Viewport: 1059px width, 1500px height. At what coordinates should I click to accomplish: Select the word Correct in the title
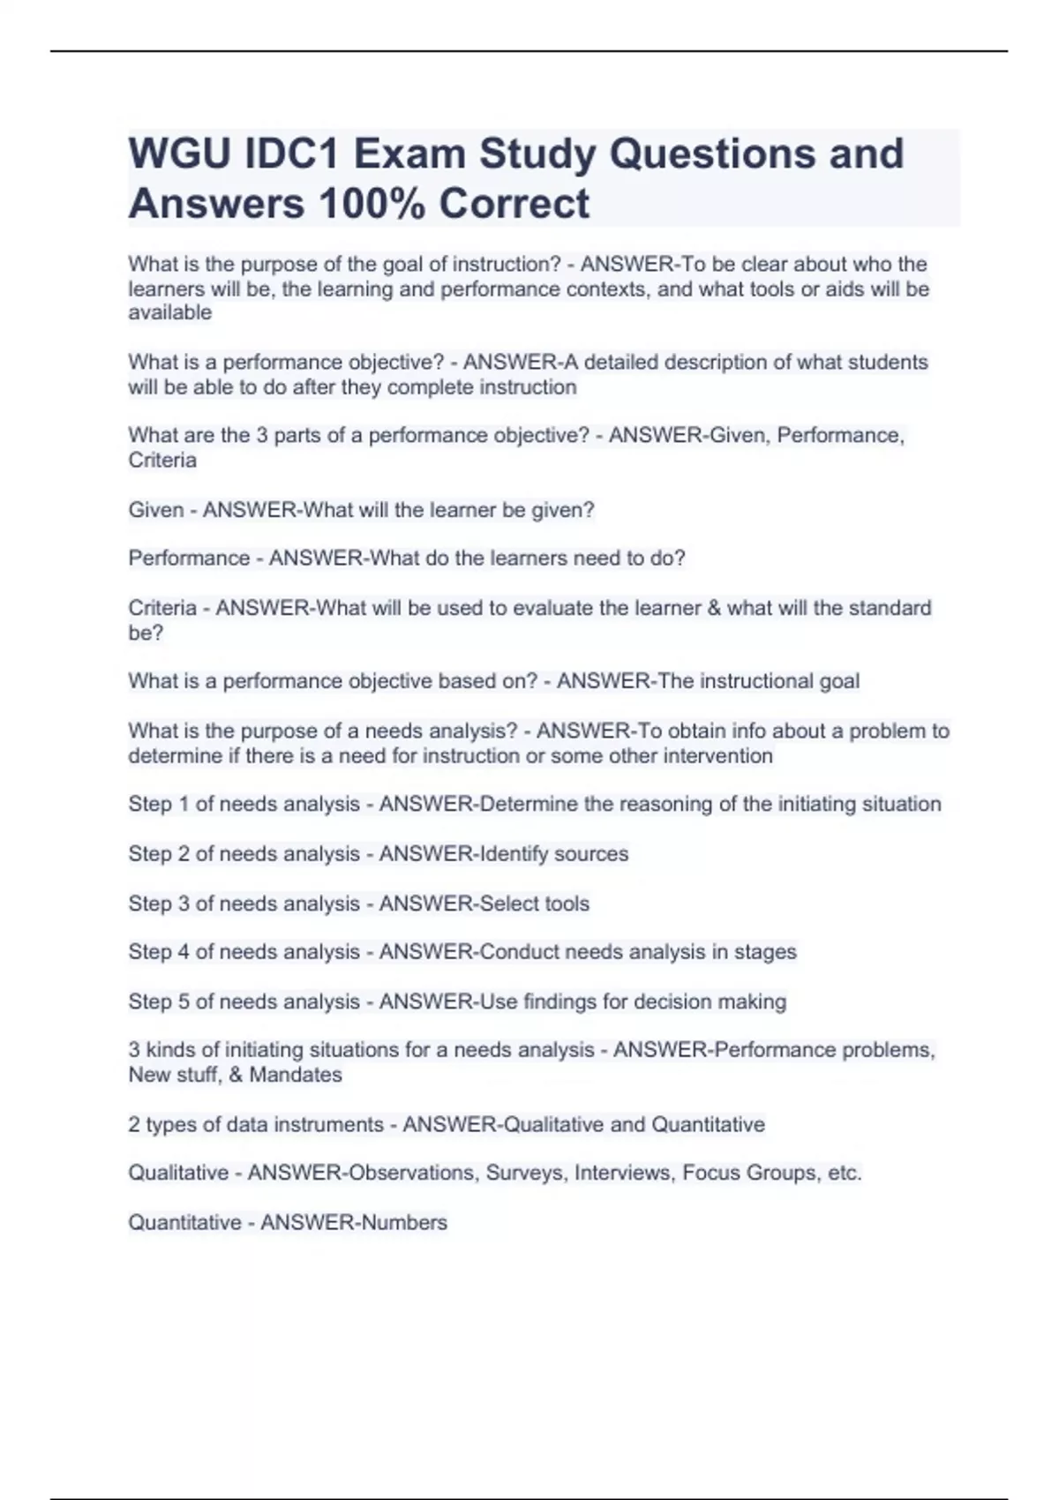(514, 204)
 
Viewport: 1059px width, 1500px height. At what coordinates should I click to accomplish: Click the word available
(169, 312)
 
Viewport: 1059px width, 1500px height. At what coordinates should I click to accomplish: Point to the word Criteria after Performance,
(162, 460)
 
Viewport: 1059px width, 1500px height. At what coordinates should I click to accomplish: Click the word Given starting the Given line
(156, 510)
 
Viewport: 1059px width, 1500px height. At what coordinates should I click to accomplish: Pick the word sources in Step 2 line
(592, 854)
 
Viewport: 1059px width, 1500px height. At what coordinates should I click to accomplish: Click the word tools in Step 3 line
(567, 904)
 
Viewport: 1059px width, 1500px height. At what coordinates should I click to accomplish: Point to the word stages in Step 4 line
(765, 952)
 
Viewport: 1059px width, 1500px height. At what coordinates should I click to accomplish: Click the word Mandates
(296, 1075)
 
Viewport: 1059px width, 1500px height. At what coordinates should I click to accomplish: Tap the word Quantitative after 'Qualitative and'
(708, 1125)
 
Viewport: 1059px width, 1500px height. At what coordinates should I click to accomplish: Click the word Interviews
(623, 1174)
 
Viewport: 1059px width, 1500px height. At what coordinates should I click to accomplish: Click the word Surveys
(524, 1174)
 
